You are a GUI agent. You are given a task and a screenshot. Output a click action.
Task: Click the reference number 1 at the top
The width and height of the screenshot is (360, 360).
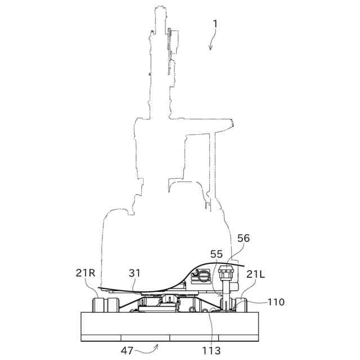(x=214, y=24)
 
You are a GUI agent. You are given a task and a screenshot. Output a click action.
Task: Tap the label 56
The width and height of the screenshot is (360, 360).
(x=243, y=238)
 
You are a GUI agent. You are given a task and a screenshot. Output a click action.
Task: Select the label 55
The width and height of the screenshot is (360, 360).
(x=217, y=255)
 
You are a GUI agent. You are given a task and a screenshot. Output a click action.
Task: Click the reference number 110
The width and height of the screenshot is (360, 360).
(x=276, y=302)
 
